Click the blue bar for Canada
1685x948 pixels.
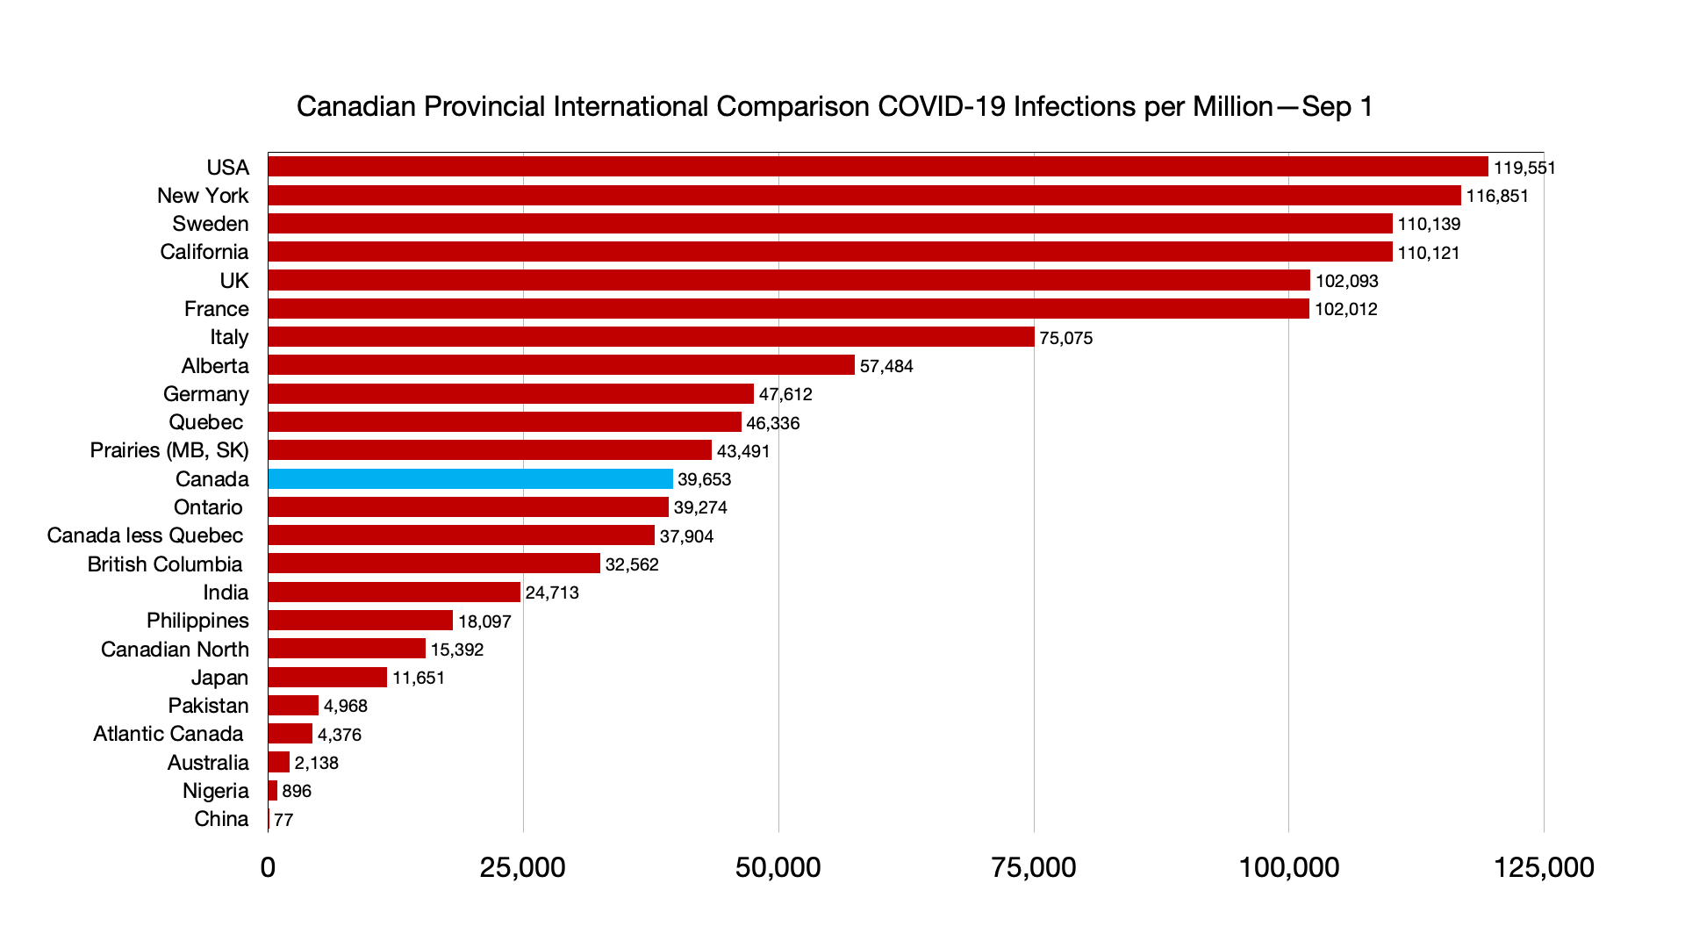(470, 479)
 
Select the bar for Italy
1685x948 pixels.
(651, 337)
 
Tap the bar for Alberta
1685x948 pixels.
(562, 365)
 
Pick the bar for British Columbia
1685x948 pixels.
(434, 564)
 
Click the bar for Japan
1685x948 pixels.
(327, 678)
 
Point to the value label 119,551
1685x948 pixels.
(1524, 168)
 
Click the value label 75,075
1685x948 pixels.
(1065, 338)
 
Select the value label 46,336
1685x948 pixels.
(772, 423)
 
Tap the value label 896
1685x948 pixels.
(297, 791)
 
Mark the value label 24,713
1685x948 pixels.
(552, 592)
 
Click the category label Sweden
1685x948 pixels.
(211, 224)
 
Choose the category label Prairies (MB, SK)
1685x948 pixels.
(169, 450)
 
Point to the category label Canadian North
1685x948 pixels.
(175, 650)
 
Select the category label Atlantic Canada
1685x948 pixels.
(168, 734)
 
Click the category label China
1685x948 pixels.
(221, 819)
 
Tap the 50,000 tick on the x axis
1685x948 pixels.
(778, 867)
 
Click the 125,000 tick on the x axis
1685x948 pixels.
(1544, 867)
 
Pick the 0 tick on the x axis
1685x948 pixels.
(268, 867)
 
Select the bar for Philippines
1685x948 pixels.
(360, 621)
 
